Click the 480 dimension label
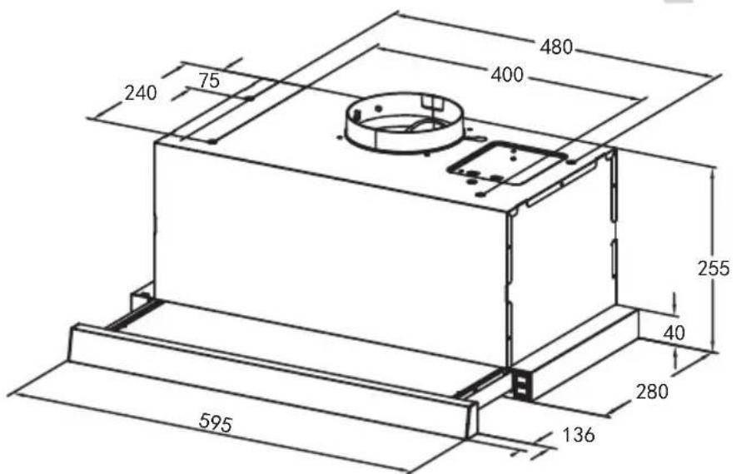coord(556,47)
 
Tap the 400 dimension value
coord(507,75)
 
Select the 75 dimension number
coord(209,81)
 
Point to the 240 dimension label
coord(141,93)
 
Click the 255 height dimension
coord(714,268)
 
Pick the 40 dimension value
coord(674,333)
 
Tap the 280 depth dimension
coord(652,391)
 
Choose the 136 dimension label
coord(579,435)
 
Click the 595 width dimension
coord(216,422)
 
